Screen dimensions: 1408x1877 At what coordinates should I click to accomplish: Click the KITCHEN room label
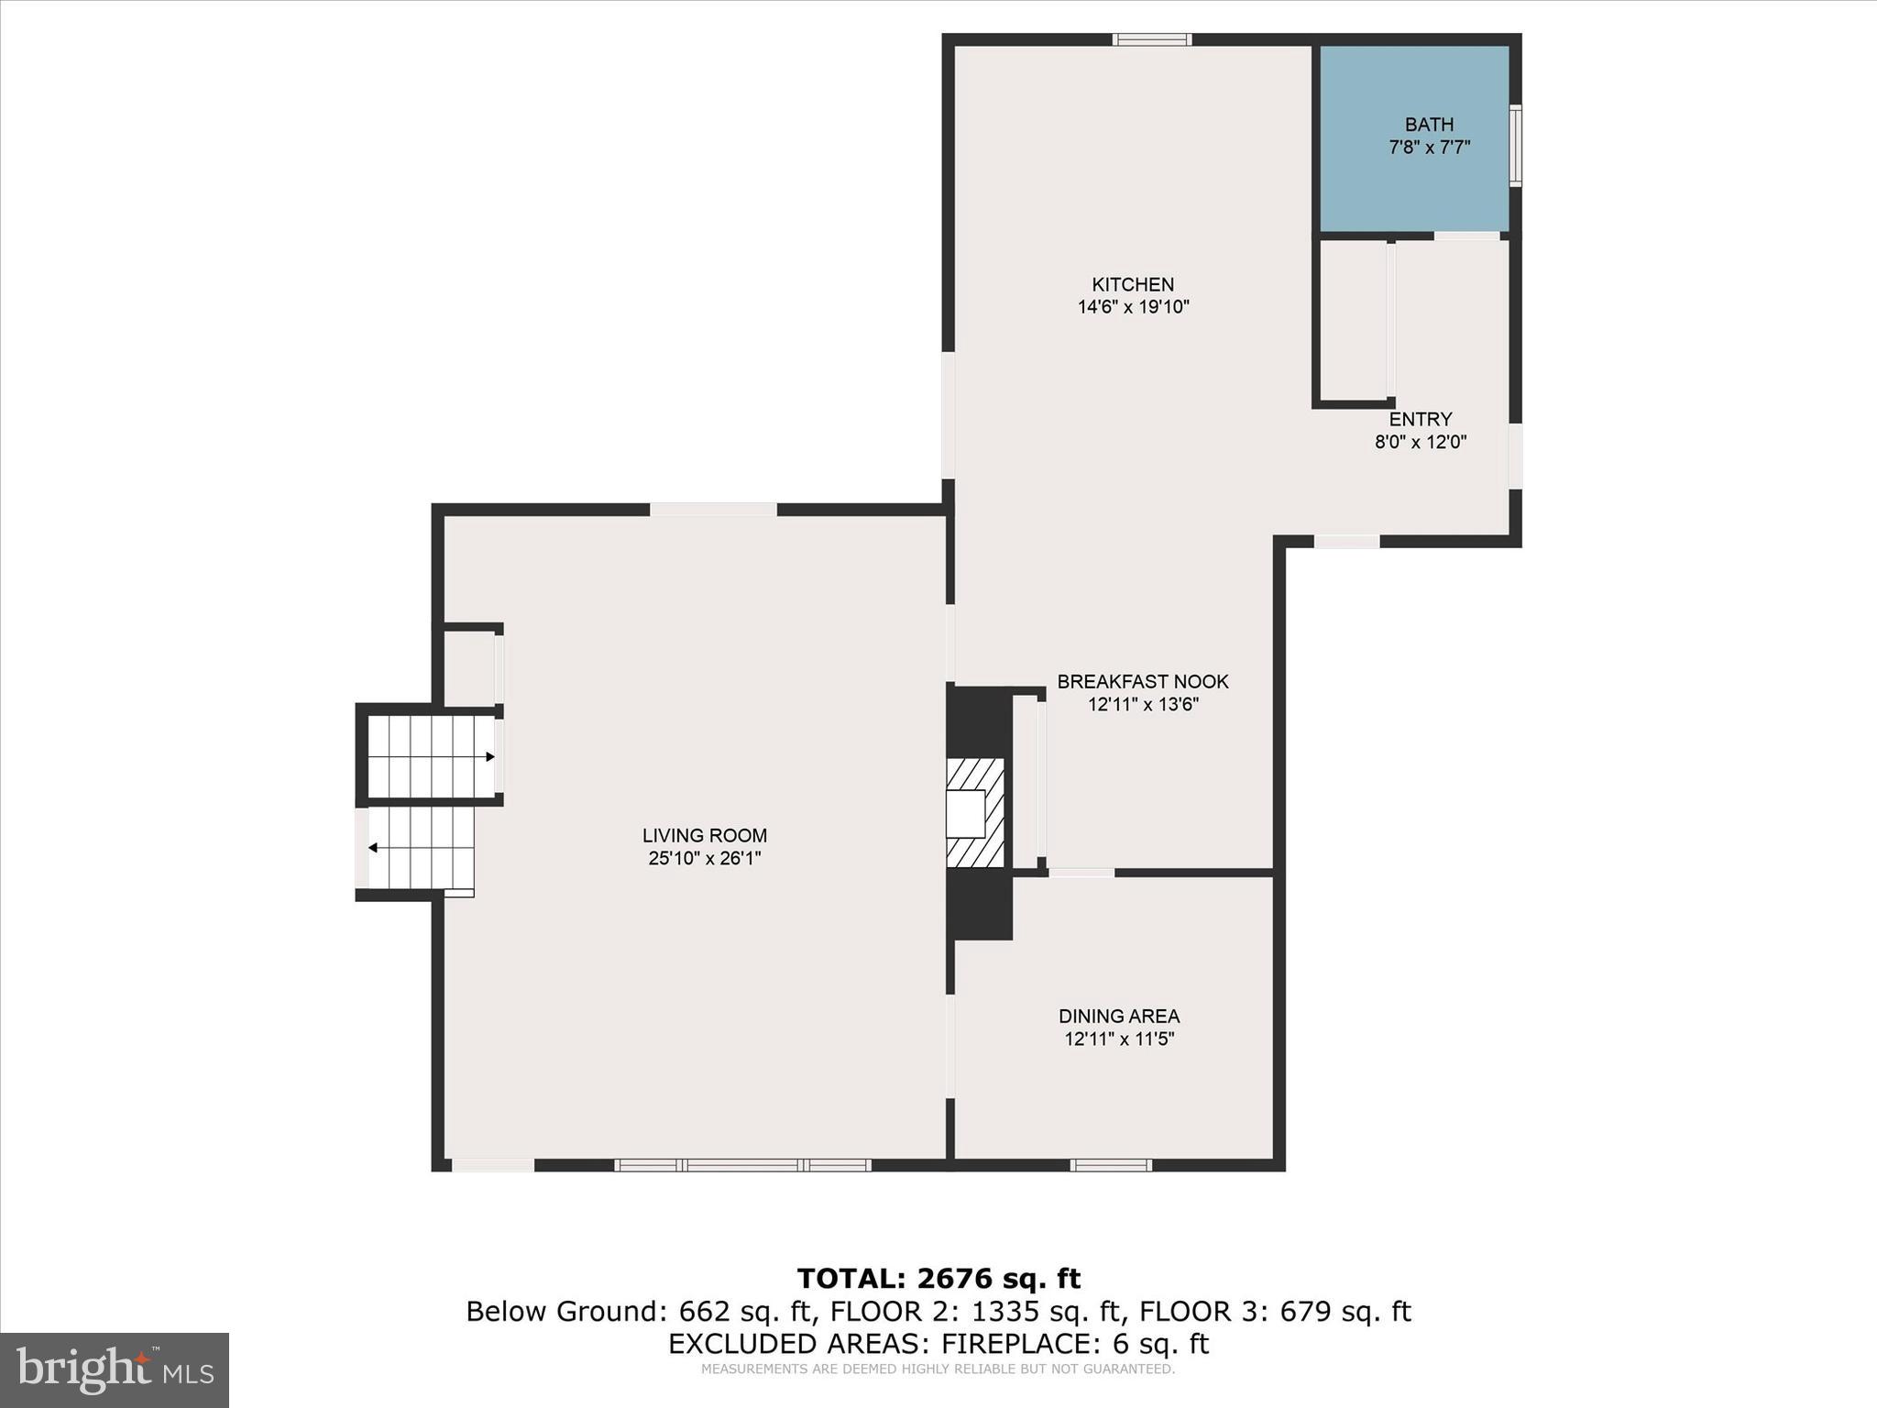[x=1132, y=284]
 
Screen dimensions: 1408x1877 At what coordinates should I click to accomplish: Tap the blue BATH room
[x=1413, y=137]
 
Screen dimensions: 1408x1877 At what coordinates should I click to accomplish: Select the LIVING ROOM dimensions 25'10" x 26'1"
[x=704, y=859]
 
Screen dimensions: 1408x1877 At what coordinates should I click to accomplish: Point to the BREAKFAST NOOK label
[x=1142, y=682]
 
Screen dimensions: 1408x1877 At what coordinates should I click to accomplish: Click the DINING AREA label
[x=1118, y=1016]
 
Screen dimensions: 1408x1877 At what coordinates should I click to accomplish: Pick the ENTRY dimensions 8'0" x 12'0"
[x=1420, y=442]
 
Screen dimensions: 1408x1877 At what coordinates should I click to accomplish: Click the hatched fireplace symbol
[x=975, y=812]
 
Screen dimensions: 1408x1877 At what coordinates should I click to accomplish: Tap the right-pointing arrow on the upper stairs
[x=490, y=756]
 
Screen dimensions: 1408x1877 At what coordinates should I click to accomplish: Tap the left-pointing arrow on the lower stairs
[x=373, y=848]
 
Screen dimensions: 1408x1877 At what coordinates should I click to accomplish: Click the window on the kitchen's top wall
[x=1152, y=39]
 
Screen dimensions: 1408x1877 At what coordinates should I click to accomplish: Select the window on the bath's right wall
[x=1515, y=146]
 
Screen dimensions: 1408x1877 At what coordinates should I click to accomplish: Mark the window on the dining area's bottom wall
[x=1111, y=1165]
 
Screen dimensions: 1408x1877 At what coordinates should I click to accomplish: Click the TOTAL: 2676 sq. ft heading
[x=938, y=1278]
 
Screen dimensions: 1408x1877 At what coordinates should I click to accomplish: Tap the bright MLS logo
[x=115, y=1369]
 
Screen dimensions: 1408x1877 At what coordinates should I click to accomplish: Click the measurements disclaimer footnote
[x=938, y=1369]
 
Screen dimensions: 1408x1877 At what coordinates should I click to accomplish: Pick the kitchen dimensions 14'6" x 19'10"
[x=1133, y=307]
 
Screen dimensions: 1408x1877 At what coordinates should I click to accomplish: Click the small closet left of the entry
[x=1353, y=321]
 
